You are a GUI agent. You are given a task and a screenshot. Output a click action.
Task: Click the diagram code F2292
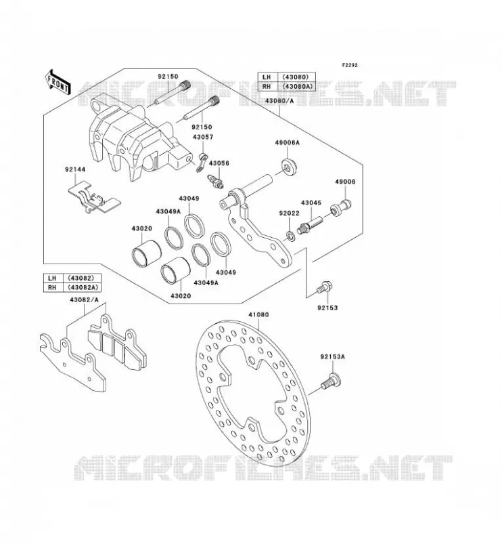[x=350, y=65]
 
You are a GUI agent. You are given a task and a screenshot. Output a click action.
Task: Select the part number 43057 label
[x=203, y=137]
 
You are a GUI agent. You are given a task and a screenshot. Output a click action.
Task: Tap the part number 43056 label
[x=219, y=163]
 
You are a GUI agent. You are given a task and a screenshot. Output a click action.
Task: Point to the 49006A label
[x=288, y=142]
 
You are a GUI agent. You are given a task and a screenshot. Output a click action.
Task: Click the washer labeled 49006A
[x=289, y=166]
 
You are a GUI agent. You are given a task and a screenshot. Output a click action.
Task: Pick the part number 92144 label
[x=75, y=170]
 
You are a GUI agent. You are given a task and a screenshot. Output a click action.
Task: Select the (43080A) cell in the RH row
[x=297, y=87]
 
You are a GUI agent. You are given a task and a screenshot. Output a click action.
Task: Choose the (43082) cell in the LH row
[x=80, y=278]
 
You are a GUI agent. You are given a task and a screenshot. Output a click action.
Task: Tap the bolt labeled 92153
[x=324, y=288]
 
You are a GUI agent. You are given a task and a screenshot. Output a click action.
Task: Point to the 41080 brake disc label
[x=258, y=315]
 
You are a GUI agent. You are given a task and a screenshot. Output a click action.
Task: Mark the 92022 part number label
[x=290, y=213]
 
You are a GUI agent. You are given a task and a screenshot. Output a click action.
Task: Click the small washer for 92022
[x=290, y=236]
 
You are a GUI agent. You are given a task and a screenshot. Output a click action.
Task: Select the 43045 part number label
[x=311, y=203]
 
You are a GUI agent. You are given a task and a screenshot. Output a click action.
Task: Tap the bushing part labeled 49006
[x=341, y=207]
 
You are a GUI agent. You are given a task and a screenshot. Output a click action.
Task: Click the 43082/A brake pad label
[x=85, y=300]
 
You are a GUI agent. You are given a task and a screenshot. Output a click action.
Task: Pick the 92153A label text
[x=332, y=356]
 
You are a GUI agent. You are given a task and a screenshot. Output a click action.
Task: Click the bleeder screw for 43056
[x=214, y=181]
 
